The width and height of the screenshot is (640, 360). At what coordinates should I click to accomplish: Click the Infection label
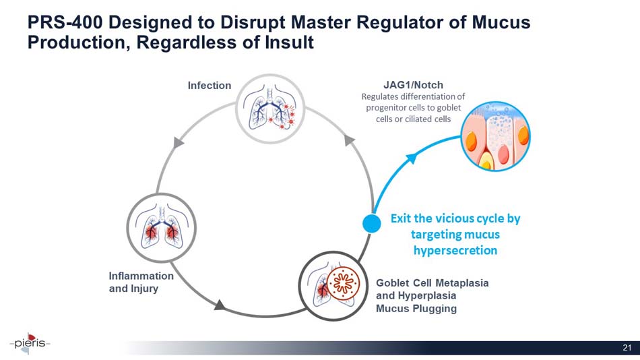click(209, 86)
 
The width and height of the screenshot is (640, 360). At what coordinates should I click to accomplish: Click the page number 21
click(627, 348)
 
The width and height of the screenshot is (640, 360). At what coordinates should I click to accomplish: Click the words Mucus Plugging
click(416, 309)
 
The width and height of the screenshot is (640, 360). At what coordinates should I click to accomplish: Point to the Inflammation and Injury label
click(141, 282)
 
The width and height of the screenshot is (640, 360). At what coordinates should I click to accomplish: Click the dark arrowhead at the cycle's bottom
click(219, 305)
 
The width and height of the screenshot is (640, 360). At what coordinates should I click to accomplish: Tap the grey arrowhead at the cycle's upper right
click(350, 140)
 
